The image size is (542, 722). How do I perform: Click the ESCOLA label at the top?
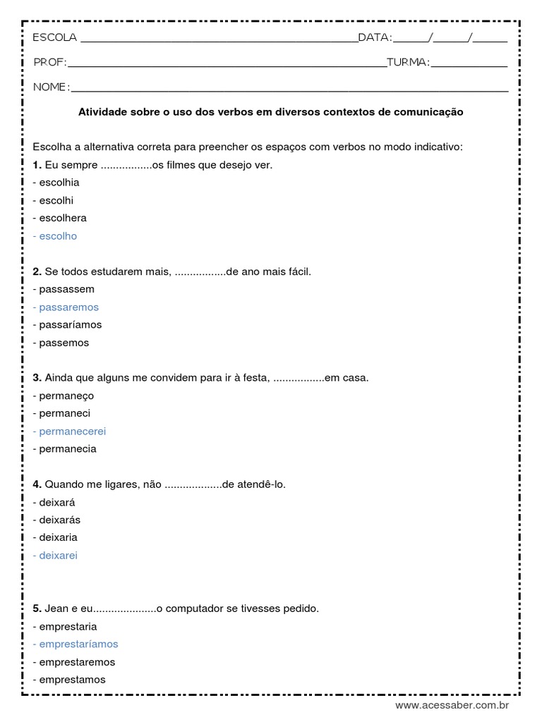click(x=55, y=37)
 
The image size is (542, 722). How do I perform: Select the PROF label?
click(x=49, y=63)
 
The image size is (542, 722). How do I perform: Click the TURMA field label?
click(x=408, y=63)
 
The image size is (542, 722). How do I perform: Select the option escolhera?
click(x=60, y=218)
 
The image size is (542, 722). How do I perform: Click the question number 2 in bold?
click(x=37, y=271)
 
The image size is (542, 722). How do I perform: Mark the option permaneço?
click(x=64, y=396)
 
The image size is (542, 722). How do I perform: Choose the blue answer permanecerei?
click(x=69, y=431)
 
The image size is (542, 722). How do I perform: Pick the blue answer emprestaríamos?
click(x=76, y=644)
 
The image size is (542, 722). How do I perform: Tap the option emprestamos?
click(x=69, y=680)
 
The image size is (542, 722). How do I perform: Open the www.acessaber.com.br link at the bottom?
click(x=452, y=705)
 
